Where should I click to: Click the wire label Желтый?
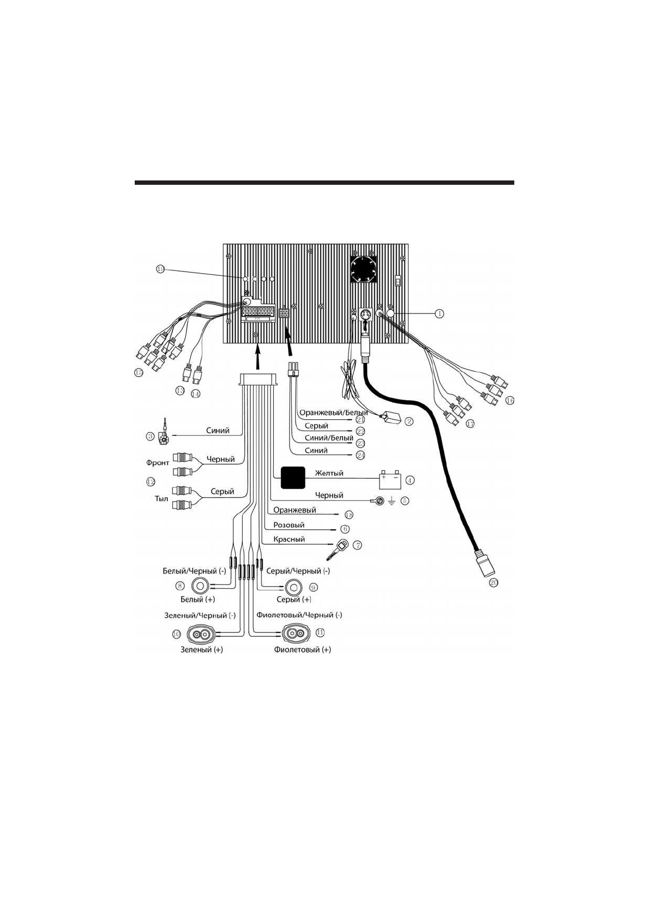[329, 473]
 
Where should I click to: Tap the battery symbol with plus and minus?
[390, 480]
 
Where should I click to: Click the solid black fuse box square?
[293, 478]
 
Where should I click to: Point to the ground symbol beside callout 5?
[391, 500]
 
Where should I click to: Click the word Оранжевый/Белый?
[333, 413]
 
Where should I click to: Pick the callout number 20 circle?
[493, 583]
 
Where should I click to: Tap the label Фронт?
[158, 462]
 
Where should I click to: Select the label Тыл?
[161, 498]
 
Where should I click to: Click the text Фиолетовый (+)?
[302, 649]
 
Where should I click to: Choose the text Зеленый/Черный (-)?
[200, 615]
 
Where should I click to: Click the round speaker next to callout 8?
[200, 587]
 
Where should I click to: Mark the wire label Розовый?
[289, 525]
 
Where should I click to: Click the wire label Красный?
[289, 539]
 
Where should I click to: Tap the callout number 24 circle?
[360, 455]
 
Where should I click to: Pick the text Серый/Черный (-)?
[298, 571]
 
